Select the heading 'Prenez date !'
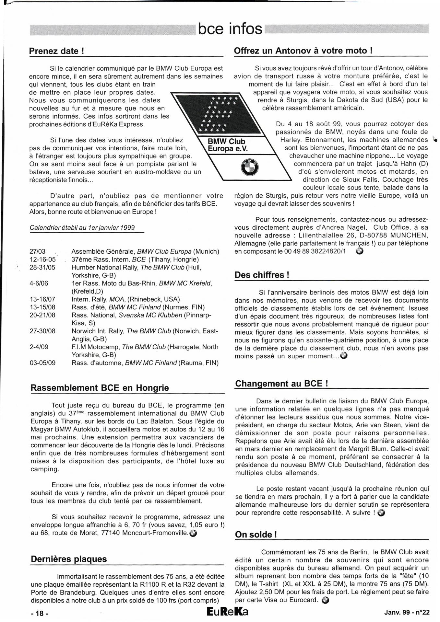click(x=57, y=51)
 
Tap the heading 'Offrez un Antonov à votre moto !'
click(x=303, y=51)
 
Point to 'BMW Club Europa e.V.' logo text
click(x=227, y=145)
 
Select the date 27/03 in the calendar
click(x=38, y=252)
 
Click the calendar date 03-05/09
click(x=42, y=363)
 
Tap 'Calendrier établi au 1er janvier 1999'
click(x=82, y=228)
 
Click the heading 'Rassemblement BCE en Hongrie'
click(x=100, y=388)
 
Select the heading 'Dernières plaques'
click(x=69, y=559)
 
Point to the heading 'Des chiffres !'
click(x=262, y=275)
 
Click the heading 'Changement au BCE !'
click(x=281, y=384)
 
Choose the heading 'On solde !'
click(x=256, y=534)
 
